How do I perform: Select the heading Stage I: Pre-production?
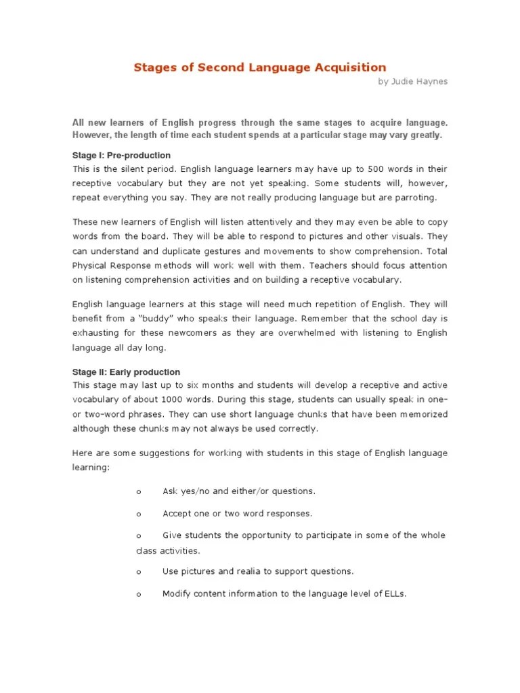coord(121,156)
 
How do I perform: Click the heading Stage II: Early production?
coord(126,372)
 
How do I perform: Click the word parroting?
coord(416,198)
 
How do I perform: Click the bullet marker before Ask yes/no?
coord(138,491)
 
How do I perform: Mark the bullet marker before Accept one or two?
coord(138,514)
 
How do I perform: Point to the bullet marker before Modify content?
coord(138,594)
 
